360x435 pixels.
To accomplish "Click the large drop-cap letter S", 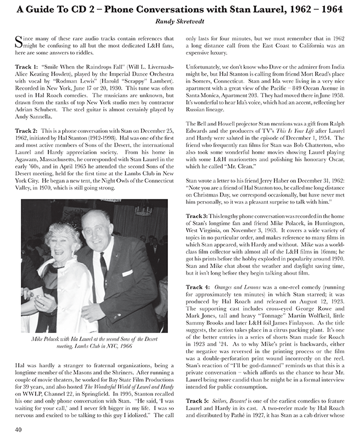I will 20,42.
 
